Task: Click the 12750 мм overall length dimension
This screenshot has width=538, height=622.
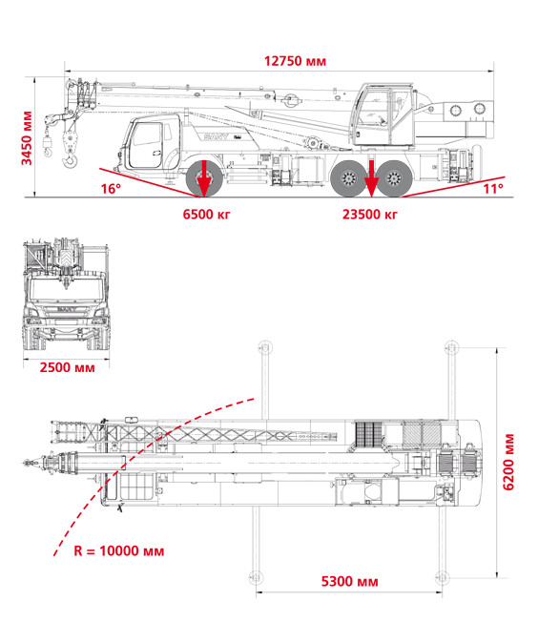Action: point(295,61)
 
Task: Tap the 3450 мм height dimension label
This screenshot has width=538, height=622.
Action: point(27,138)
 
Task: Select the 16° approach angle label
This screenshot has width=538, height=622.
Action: point(111,189)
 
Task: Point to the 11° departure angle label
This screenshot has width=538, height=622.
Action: point(493,189)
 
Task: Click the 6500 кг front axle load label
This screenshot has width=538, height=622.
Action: point(206,215)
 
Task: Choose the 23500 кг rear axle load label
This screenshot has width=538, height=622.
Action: point(370,215)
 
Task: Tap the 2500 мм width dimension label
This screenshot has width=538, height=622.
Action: point(68,367)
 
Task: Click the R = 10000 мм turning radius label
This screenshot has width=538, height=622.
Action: point(119,550)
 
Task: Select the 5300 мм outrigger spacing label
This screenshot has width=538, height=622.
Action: point(349,582)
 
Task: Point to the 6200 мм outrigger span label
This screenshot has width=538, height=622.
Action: point(508,462)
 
